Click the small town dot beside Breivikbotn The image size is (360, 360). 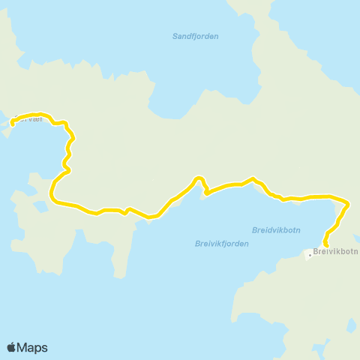(x=309, y=255)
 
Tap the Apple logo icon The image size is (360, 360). (x=11, y=347)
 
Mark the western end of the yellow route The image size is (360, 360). (x=13, y=123)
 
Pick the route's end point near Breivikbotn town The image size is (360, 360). (x=325, y=244)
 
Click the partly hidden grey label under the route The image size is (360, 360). (x=30, y=118)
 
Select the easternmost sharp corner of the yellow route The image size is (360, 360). (x=349, y=202)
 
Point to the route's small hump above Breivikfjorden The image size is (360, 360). (x=199, y=178)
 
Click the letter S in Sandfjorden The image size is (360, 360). (x=175, y=36)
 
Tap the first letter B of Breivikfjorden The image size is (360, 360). (x=196, y=243)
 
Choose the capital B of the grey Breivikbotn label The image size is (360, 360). (x=316, y=252)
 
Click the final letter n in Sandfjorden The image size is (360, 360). (x=216, y=36)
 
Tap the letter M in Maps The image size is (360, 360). (x=23, y=348)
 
